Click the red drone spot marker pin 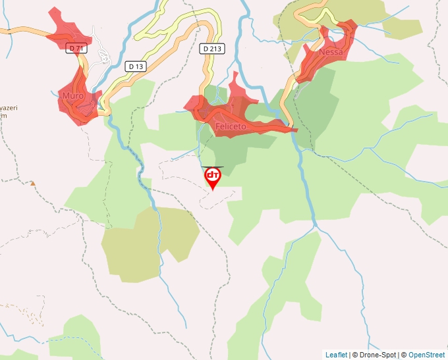(x=213, y=177)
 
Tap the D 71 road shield (x=76, y=48)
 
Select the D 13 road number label (x=135, y=66)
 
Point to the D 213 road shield (x=211, y=48)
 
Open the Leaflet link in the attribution (x=336, y=355)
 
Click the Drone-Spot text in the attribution (x=374, y=355)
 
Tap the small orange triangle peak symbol (x=32, y=183)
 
